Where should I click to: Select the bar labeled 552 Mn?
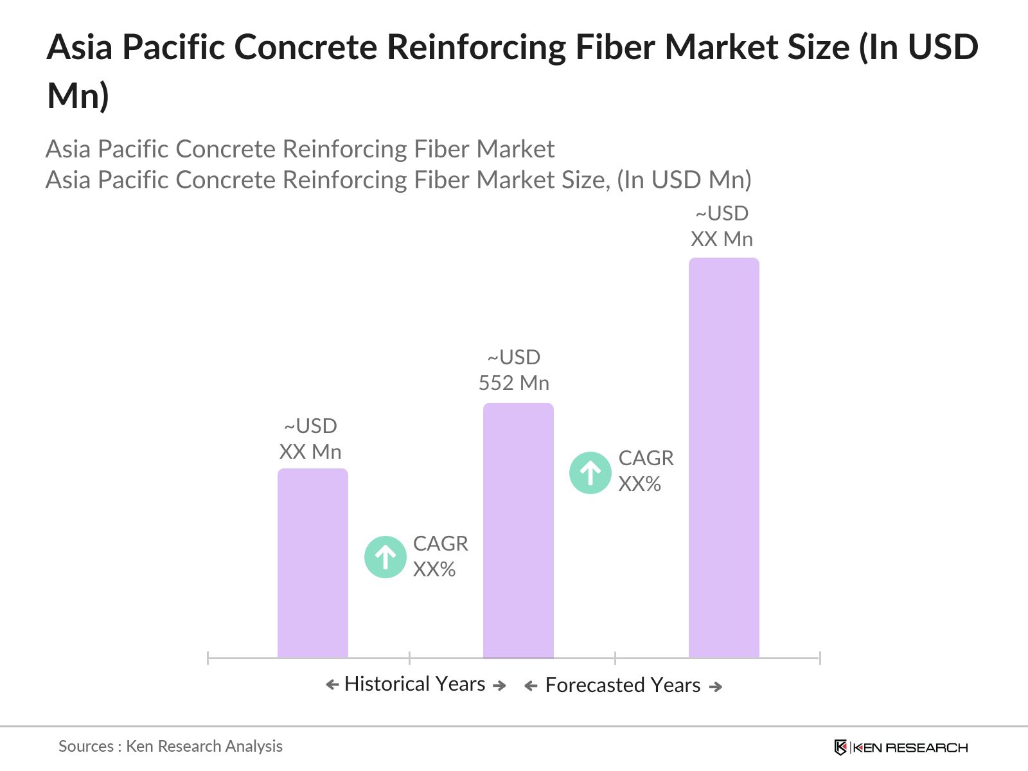518,530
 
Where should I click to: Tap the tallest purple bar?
723,457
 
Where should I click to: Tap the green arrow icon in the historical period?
385,557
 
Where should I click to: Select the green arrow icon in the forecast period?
590,473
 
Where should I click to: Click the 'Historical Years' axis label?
414,684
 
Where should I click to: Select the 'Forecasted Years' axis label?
623,686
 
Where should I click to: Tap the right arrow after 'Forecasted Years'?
716,687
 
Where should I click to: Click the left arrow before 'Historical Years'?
332,685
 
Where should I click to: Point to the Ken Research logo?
901,747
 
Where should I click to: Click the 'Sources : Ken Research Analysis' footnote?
170,746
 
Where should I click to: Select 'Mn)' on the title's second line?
78,96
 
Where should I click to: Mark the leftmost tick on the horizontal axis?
208,658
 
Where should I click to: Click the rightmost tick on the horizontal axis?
820,658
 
